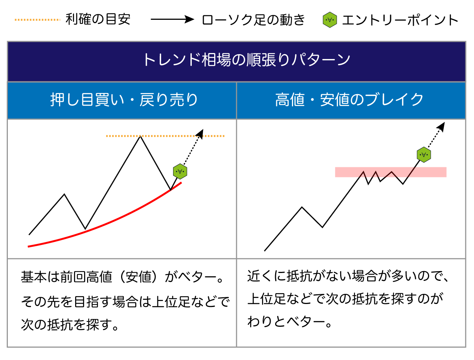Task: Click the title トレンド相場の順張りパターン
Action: [247, 59]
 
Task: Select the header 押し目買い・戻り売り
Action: [124, 100]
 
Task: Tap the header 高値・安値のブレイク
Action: [349, 100]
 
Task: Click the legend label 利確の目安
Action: [98, 19]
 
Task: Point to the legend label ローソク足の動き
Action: [253, 20]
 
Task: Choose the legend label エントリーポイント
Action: [400, 20]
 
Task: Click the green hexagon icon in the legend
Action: [330, 20]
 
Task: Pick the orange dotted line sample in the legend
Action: [37, 20]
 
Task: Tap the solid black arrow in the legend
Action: [172, 19]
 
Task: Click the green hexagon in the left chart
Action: [180, 171]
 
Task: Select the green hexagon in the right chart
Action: [424, 155]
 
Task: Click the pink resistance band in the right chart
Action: [391, 172]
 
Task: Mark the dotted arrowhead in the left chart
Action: [200, 134]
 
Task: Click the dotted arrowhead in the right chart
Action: [441, 127]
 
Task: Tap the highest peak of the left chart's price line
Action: [140, 137]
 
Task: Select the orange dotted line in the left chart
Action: [165, 136]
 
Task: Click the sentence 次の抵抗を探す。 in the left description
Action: [70, 325]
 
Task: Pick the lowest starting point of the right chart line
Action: [265, 251]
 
